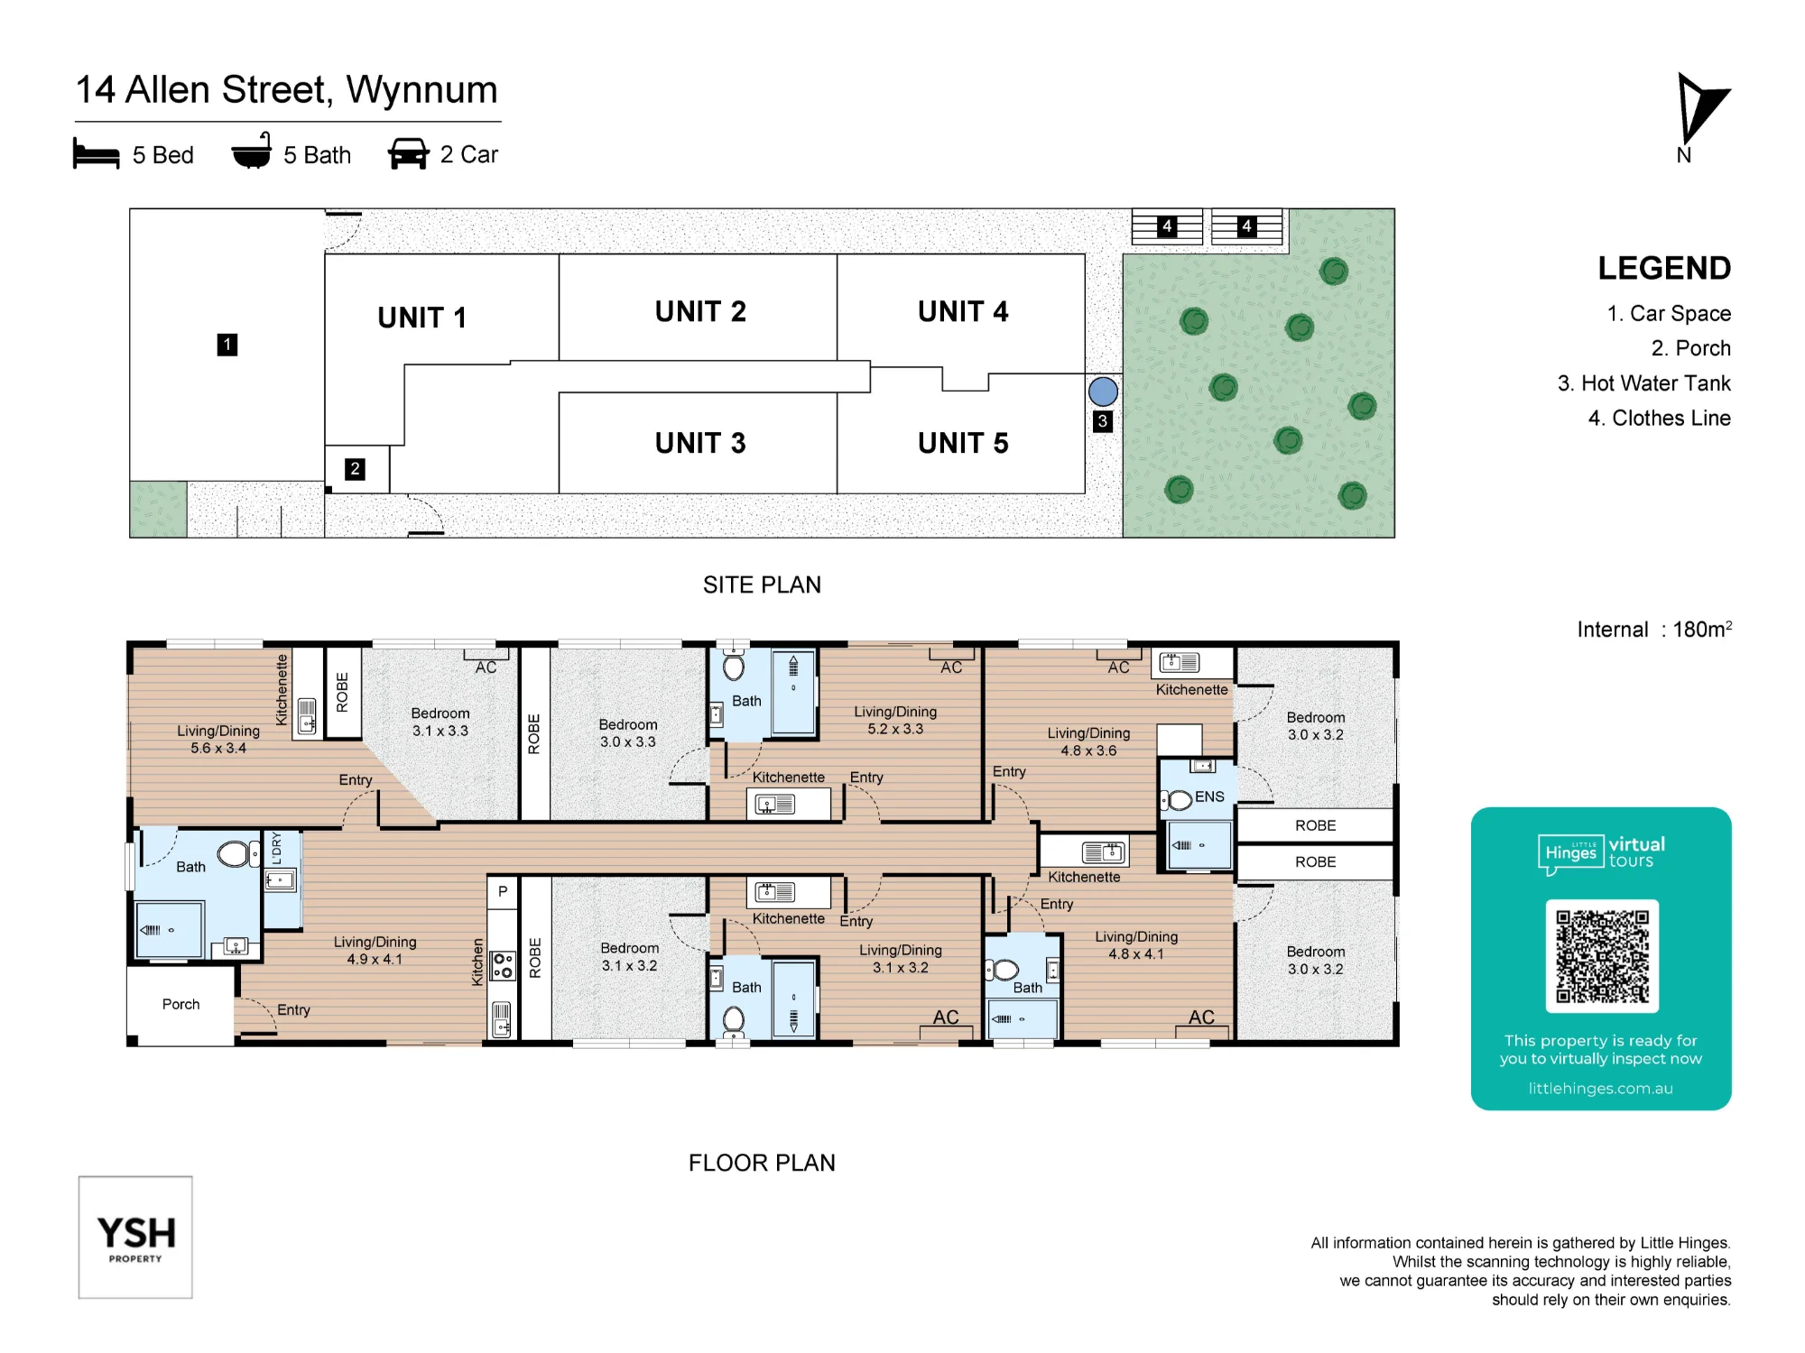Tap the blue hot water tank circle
coord(1103,391)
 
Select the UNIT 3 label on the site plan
coord(700,443)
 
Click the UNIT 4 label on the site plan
coord(963,311)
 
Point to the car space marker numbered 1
coord(227,345)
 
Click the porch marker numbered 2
coord(355,469)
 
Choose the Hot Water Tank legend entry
coord(1644,383)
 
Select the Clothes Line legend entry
coord(1660,419)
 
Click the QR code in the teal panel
coord(1602,956)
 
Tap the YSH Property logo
coord(135,1238)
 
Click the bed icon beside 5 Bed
coord(96,154)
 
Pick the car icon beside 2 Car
coord(408,154)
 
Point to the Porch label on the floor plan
coord(180,1004)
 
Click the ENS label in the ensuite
coord(1209,796)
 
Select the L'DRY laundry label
coord(276,849)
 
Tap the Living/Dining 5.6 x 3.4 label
coord(218,740)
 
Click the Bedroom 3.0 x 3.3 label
coord(628,733)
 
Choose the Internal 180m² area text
coord(1654,629)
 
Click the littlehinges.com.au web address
coord(1600,1089)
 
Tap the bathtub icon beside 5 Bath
coord(252,152)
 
